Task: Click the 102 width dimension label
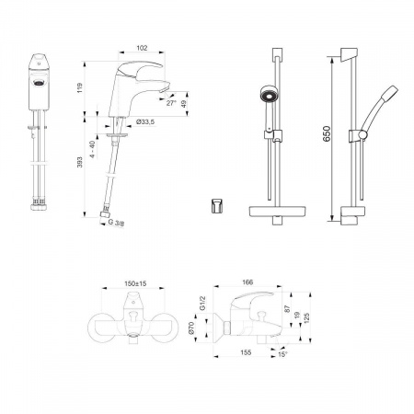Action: [142, 48]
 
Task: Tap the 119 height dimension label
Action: [80, 87]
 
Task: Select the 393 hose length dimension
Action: [80, 162]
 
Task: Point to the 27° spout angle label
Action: [171, 103]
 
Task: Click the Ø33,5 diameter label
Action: [144, 122]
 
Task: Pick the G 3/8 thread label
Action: [116, 223]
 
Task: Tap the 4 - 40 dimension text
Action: [93, 149]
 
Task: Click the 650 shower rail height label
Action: [327, 133]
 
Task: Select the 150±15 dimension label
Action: [135, 283]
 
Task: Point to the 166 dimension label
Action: [247, 282]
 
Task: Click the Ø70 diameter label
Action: [191, 328]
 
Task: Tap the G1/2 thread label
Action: [202, 304]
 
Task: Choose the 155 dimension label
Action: [246, 352]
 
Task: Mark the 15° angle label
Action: [282, 354]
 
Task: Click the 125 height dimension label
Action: [307, 318]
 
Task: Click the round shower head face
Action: [269, 94]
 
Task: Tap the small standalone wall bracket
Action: [216, 205]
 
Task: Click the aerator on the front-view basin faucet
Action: [39, 82]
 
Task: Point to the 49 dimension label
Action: [184, 104]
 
